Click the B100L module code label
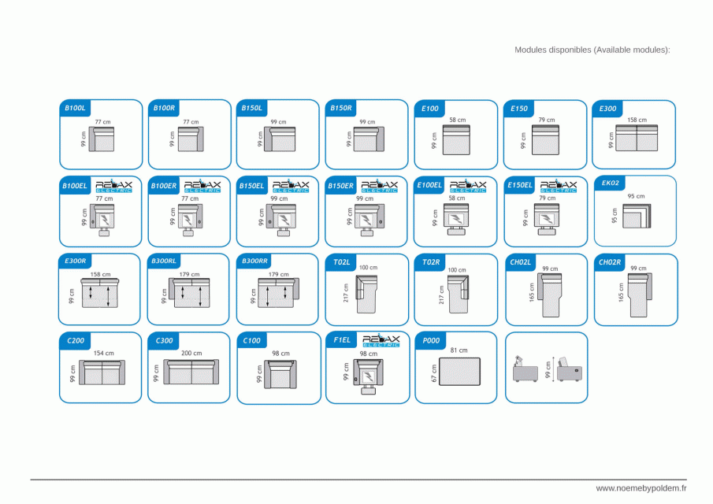(76, 108)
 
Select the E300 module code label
(607, 108)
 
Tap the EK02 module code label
(610, 183)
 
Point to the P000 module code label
(430, 340)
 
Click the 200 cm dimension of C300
(191, 354)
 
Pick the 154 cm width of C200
(103, 354)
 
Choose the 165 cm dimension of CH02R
(621, 292)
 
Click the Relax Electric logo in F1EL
(381, 341)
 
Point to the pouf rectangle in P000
(459, 371)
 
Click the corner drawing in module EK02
(636, 215)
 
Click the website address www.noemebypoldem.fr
(641, 488)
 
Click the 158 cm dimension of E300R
(100, 275)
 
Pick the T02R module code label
(430, 261)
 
